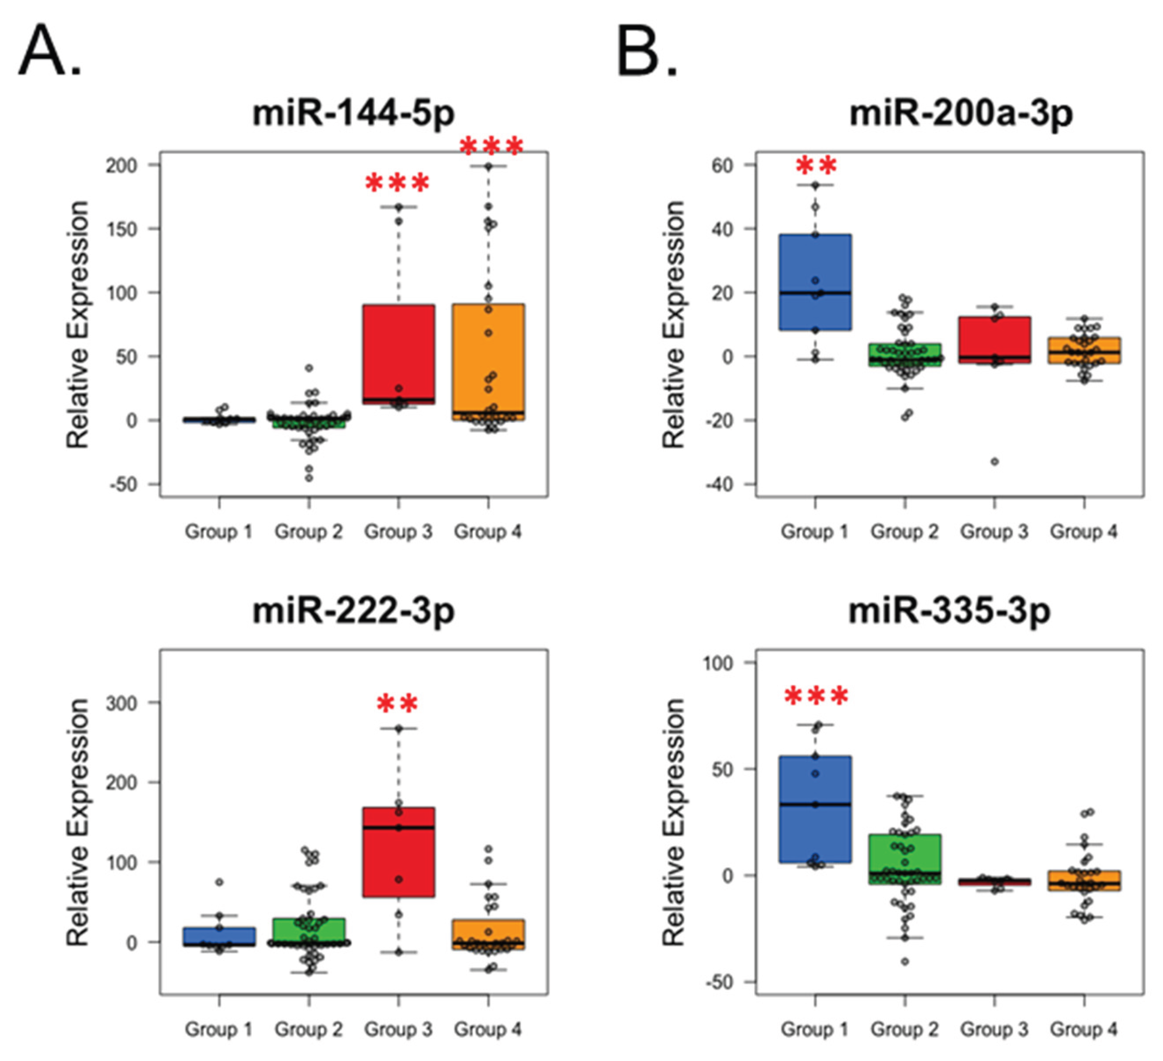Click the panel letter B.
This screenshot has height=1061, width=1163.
[646, 52]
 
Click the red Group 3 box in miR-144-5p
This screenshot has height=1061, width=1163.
[399, 346]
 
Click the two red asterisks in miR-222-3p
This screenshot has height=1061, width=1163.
[397, 703]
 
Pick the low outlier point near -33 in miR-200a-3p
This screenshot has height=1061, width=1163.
[995, 462]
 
